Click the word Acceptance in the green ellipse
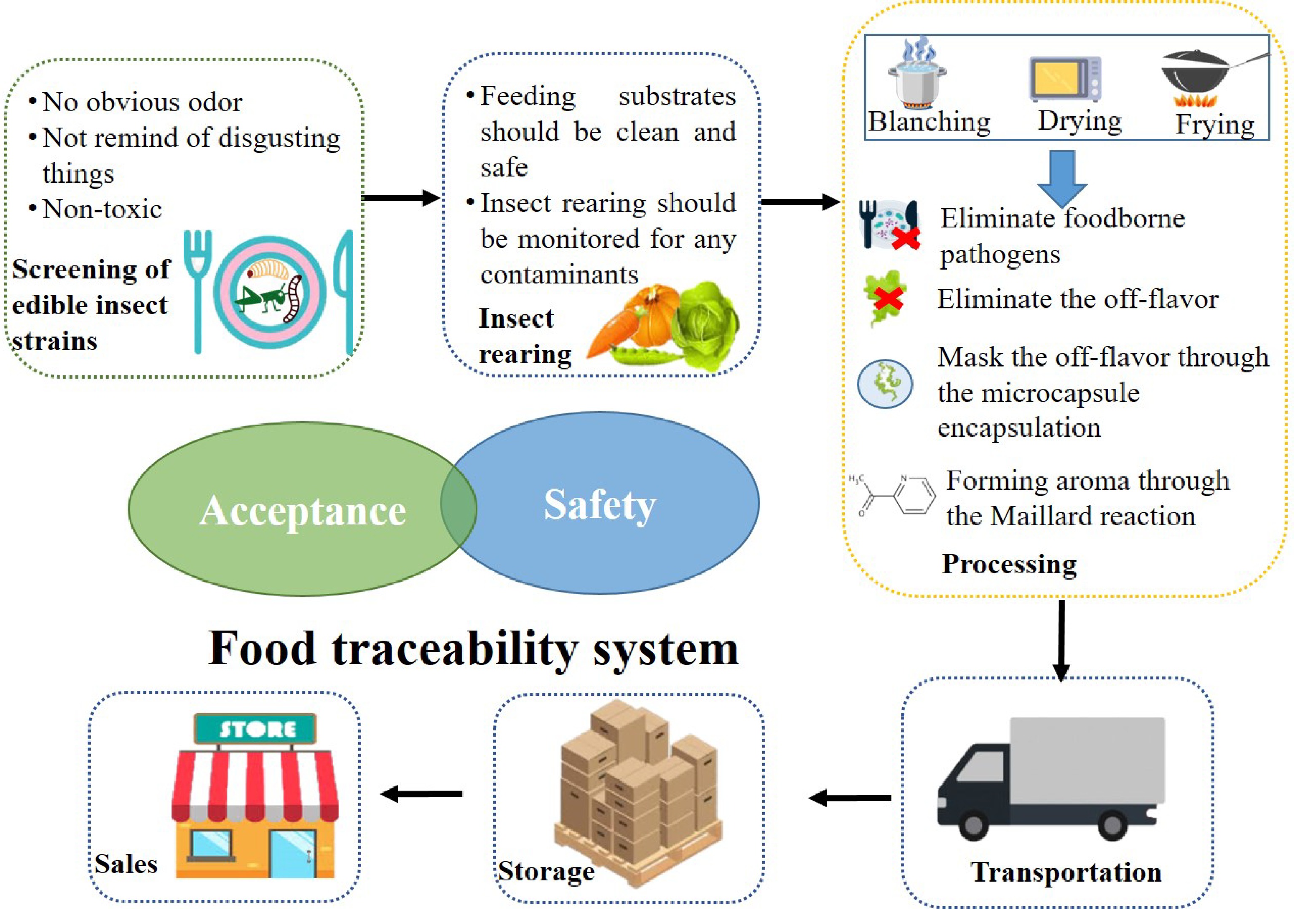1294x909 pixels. coord(302,511)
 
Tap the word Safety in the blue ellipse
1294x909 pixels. coord(600,504)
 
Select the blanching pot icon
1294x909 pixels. coord(917,76)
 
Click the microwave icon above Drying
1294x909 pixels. coord(1065,79)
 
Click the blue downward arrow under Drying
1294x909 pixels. coord(1062,177)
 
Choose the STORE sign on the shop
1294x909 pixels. coord(255,729)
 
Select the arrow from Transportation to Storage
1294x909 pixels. coord(850,797)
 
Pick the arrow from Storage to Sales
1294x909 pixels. coord(421,794)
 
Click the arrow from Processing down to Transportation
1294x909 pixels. coord(1062,639)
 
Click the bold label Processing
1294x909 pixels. coord(1009,564)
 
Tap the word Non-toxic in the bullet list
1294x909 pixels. coord(102,209)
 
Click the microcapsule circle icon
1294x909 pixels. coord(885,384)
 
